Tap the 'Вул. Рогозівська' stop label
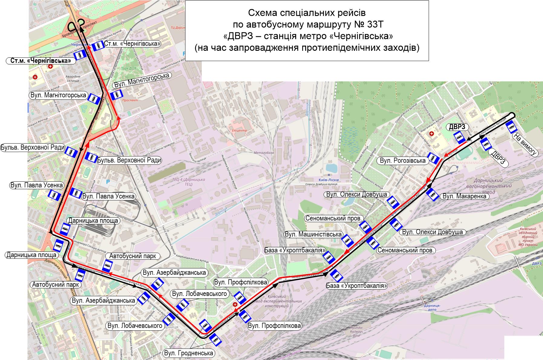coord(403,161)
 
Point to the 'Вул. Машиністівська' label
coord(313,234)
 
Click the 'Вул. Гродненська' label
coord(189,353)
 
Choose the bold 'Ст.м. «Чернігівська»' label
coord(40,61)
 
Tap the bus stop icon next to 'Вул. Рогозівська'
coord(434,158)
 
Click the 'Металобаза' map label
coord(264,153)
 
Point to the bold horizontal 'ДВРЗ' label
coord(457,127)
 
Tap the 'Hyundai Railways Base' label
coord(356,332)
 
